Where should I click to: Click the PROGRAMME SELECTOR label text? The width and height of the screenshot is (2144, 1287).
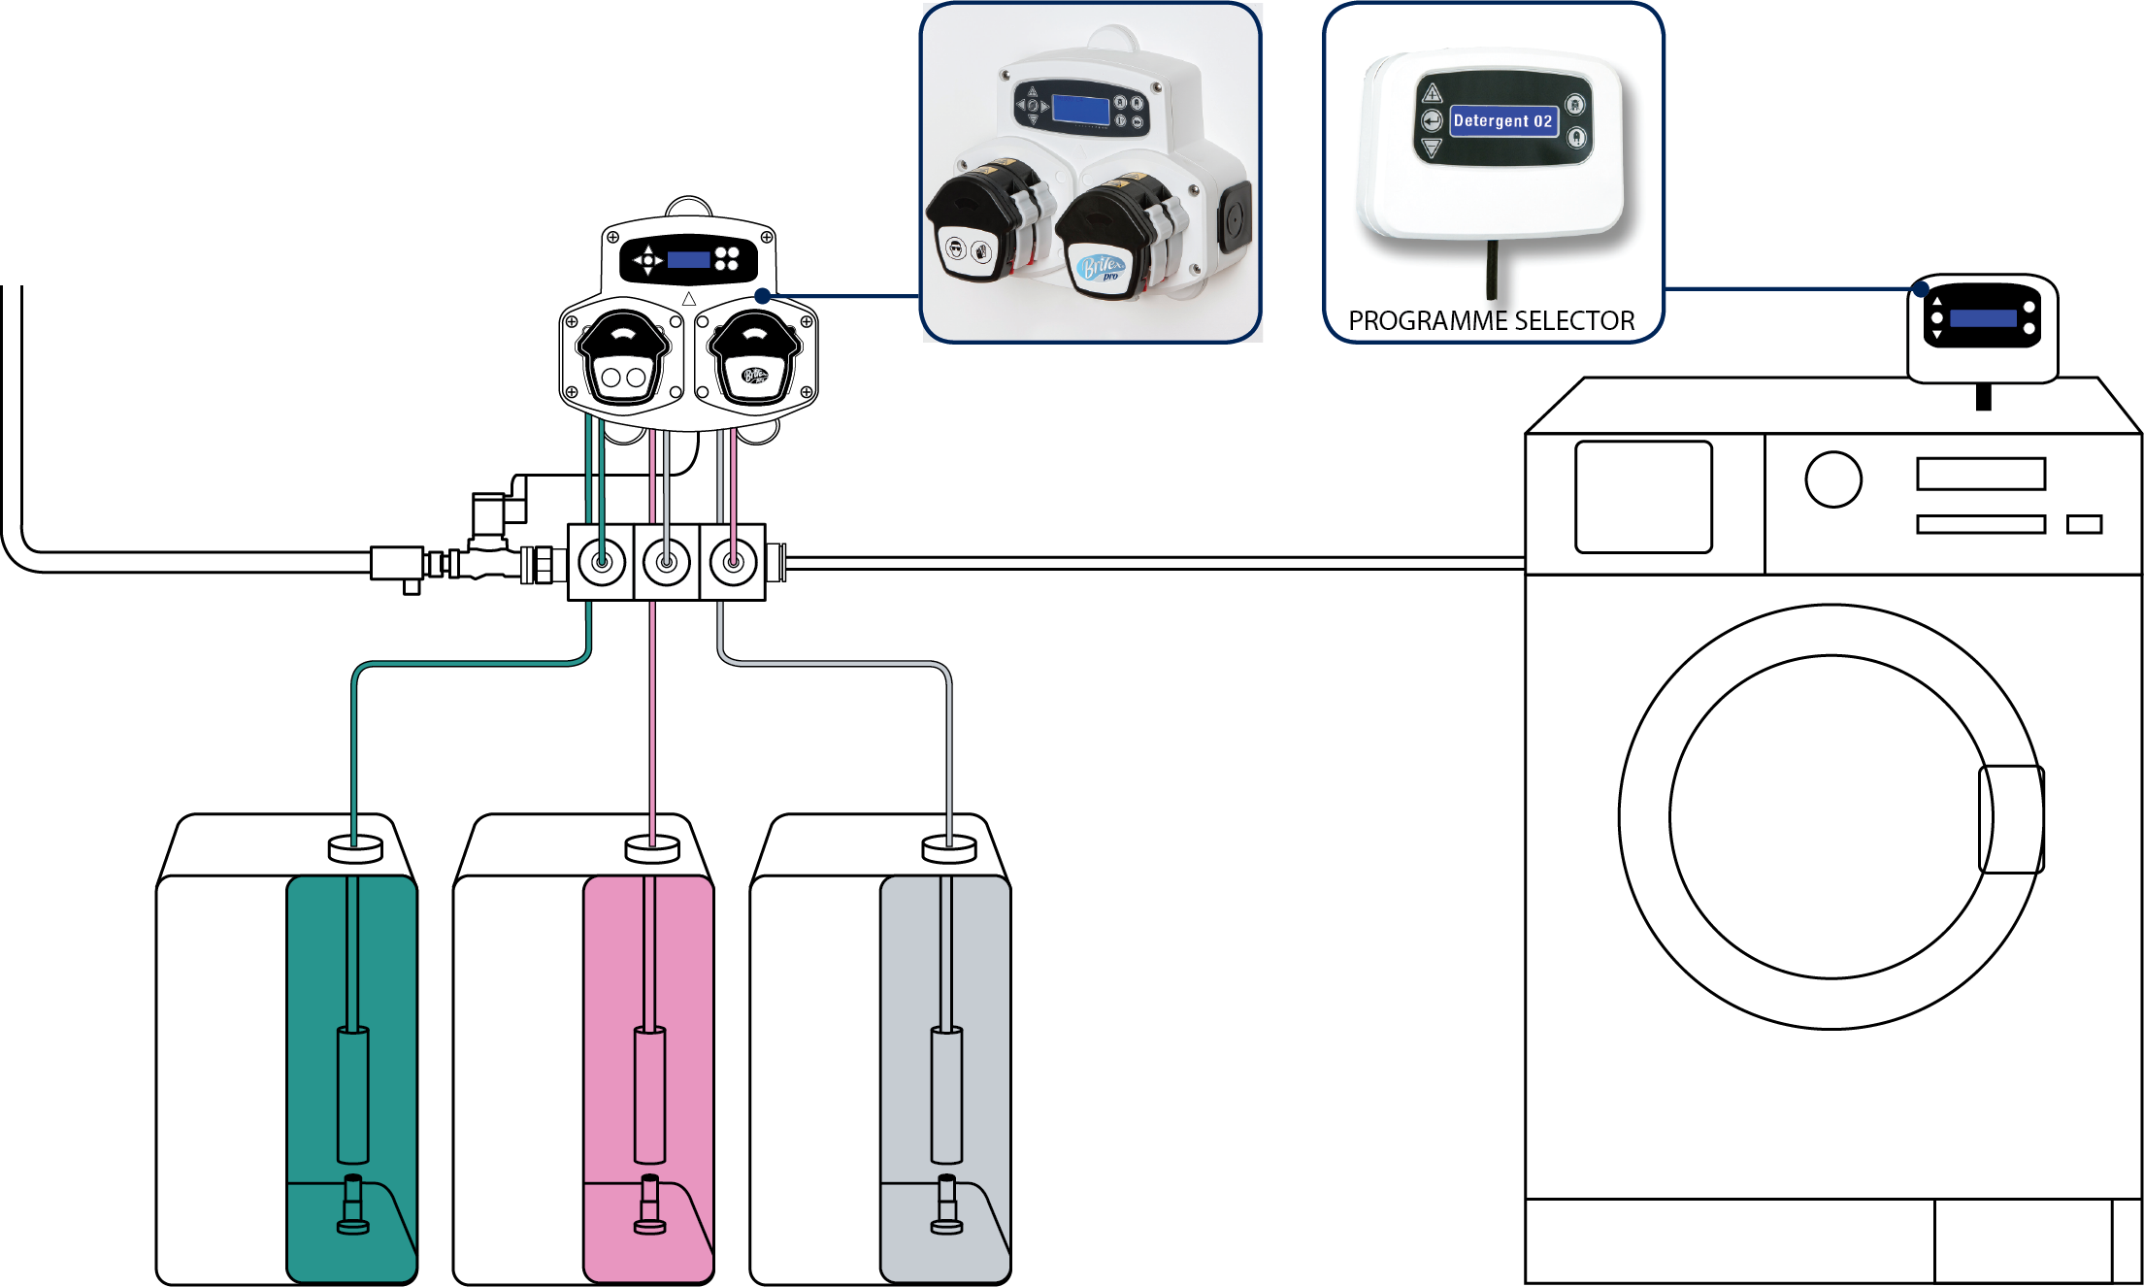click(1492, 320)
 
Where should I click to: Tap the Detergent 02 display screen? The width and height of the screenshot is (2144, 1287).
click(1502, 121)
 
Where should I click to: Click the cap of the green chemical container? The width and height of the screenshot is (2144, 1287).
click(355, 848)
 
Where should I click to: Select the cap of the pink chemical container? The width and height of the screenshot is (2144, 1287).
click(652, 848)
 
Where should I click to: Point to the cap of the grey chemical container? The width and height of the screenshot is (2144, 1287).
click(948, 848)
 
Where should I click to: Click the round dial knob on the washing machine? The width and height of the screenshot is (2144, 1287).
click(1833, 478)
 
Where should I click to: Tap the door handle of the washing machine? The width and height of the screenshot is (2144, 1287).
click(2011, 818)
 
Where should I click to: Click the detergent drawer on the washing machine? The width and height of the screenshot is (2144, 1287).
click(1643, 497)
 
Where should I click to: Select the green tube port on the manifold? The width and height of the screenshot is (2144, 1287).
click(602, 561)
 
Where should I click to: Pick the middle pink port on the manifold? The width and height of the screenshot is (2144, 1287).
click(667, 561)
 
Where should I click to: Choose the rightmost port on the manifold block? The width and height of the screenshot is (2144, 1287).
click(733, 561)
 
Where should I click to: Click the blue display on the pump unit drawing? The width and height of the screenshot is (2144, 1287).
click(688, 259)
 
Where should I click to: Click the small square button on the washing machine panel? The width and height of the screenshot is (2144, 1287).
click(2084, 524)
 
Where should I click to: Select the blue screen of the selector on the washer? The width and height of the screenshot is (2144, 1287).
click(1983, 318)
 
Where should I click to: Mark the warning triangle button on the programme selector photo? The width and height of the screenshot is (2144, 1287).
click(1432, 93)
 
